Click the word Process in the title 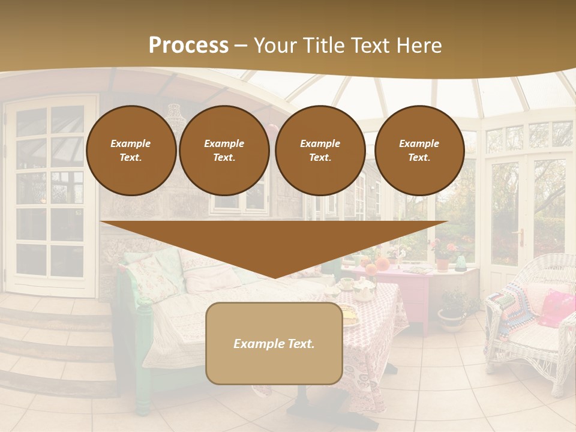coord(188,46)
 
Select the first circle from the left coord(131,151)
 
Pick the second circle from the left coord(224,151)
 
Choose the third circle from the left coord(320,151)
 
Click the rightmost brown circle coord(419,151)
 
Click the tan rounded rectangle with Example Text coord(274,343)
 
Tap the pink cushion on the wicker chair coord(555,306)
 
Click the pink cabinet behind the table coord(414,294)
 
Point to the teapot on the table coord(363,291)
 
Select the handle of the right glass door coord(520,237)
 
